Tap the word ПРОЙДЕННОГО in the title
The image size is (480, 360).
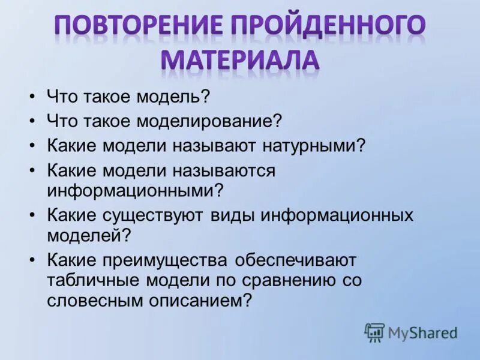click(328, 27)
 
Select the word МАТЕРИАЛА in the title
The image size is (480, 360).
click(240, 60)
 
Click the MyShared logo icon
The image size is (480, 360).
click(374, 332)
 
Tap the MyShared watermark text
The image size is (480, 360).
click(422, 332)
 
